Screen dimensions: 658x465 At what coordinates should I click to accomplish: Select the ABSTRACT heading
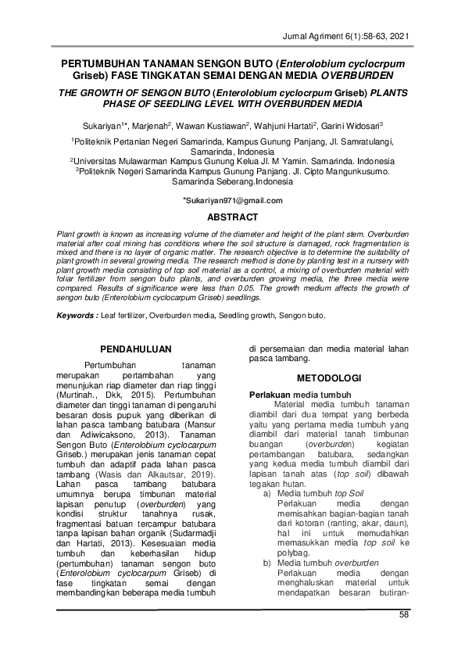point(232,216)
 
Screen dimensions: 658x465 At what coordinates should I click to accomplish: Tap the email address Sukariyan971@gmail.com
point(233,201)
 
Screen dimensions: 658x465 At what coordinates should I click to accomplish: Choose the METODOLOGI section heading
point(327,377)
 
